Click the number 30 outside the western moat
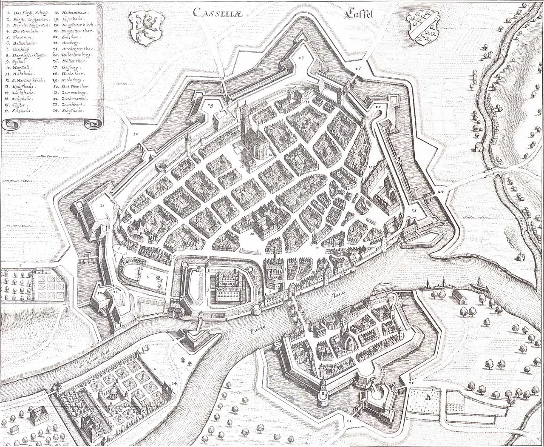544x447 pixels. [136, 134]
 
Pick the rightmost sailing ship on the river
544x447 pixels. [479, 282]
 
